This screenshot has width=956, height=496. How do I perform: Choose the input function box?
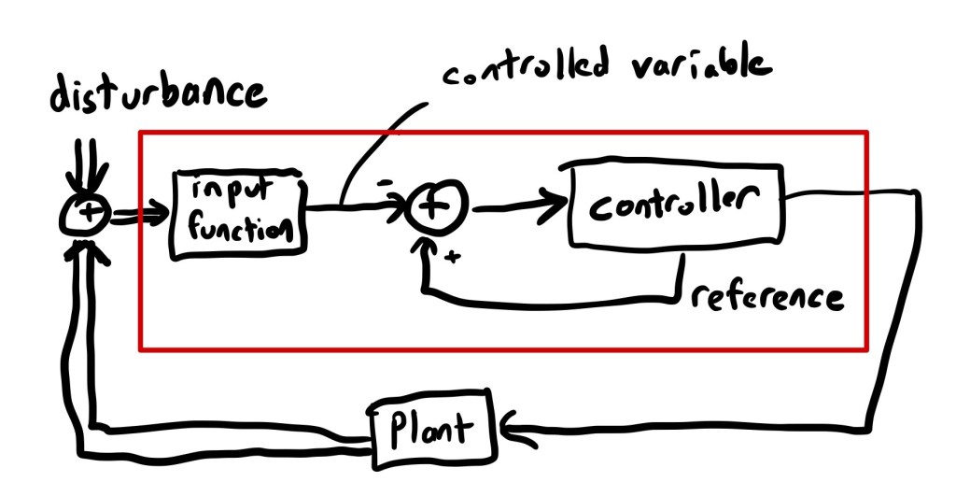(x=238, y=214)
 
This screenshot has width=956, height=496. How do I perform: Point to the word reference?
(x=767, y=297)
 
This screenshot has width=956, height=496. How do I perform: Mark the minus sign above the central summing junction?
(x=385, y=184)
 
